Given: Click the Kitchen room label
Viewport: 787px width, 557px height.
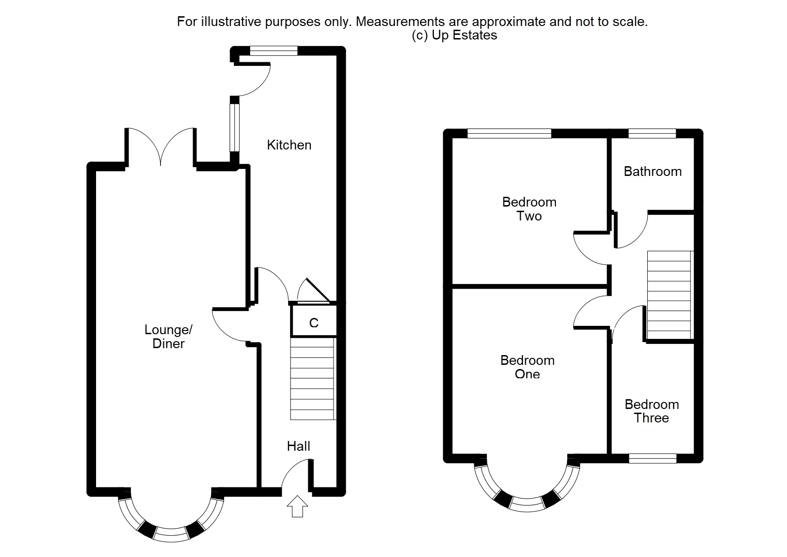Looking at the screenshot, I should click(289, 145).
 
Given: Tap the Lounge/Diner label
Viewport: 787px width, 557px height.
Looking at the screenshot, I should click(168, 337).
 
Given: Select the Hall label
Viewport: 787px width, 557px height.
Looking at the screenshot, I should click(298, 446).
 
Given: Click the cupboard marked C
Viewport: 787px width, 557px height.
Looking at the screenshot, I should click(314, 323).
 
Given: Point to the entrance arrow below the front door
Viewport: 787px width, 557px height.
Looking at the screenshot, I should click(297, 506).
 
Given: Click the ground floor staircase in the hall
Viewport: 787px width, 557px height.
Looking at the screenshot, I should click(312, 379).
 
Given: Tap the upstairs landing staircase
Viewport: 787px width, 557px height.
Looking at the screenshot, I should click(669, 295).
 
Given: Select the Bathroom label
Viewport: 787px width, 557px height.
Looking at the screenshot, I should click(652, 171).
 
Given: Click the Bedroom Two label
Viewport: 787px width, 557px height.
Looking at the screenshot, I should click(529, 209).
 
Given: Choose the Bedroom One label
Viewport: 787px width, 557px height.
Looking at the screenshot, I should click(527, 367).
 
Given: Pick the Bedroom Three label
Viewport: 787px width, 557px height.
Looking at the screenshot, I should click(652, 411).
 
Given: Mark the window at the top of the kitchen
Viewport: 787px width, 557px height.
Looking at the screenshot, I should click(273, 51).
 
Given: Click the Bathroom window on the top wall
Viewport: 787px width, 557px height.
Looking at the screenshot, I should click(652, 134).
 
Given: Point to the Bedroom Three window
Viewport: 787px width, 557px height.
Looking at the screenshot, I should click(652, 459).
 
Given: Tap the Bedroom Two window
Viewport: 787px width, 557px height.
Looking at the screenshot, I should click(509, 134).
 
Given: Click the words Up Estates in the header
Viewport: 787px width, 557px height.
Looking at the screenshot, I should click(464, 35).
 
